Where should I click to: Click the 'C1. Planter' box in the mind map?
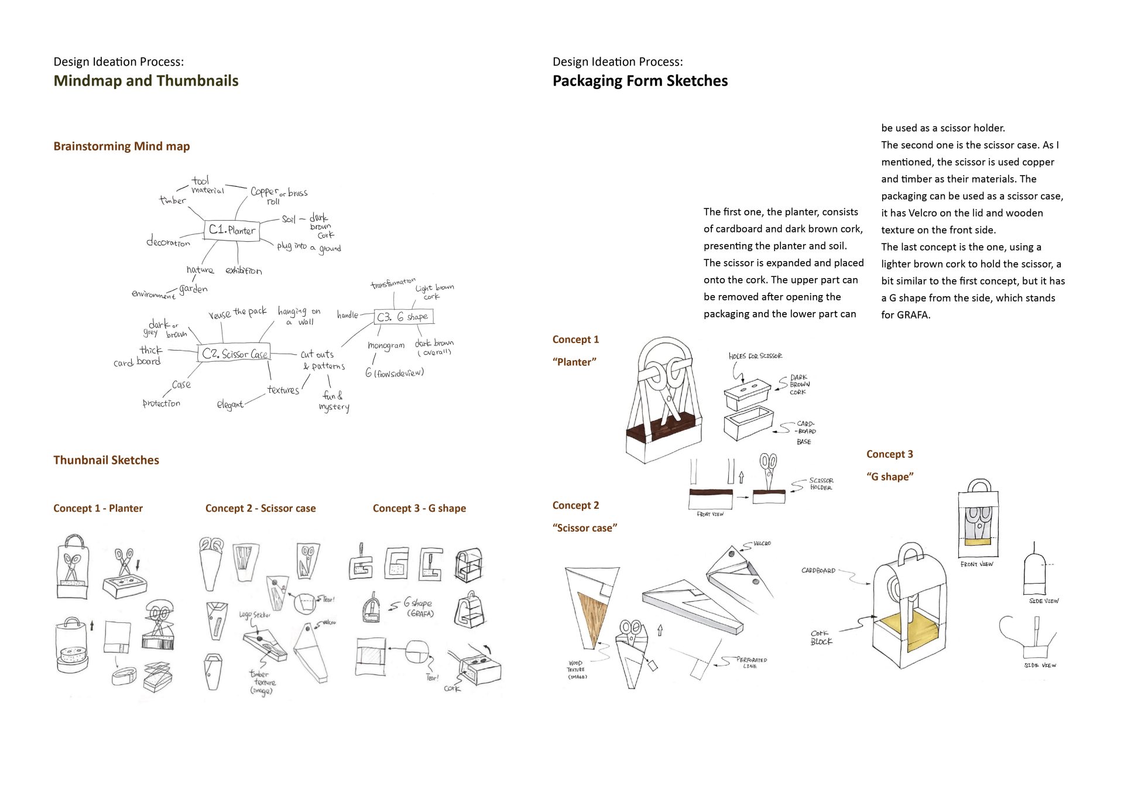pyautogui.click(x=232, y=229)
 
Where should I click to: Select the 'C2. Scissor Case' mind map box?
pyautogui.click(x=235, y=354)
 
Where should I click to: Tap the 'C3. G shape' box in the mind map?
pyautogui.click(x=403, y=317)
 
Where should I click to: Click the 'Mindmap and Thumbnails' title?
pyautogui.click(x=146, y=81)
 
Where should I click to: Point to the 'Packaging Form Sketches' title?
pyautogui.click(x=640, y=81)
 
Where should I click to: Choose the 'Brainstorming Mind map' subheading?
pyautogui.click(x=121, y=146)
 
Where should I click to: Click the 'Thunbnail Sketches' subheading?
pyautogui.click(x=106, y=460)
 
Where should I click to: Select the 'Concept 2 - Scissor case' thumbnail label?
pyautogui.click(x=260, y=508)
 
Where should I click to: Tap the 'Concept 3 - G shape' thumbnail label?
pyautogui.click(x=419, y=508)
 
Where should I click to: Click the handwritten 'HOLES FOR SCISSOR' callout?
pyautogui.click(x=755, y=356)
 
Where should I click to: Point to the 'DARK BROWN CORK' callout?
pyautogui.click(x=799, y=385)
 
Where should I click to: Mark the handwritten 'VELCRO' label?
pyautogui.click(x=762, y=544)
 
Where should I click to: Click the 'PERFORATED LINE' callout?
pyautogui.click(x=751, y=663)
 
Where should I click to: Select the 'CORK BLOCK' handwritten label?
pyautogui.click(x=821, y=638)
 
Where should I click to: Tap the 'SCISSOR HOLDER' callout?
pyautogui.click(x=821, y=484)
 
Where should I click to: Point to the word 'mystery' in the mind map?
pyautogui.click(x=334, y=407)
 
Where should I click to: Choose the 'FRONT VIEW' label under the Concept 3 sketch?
pyautogui.click(x=976, y=564)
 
